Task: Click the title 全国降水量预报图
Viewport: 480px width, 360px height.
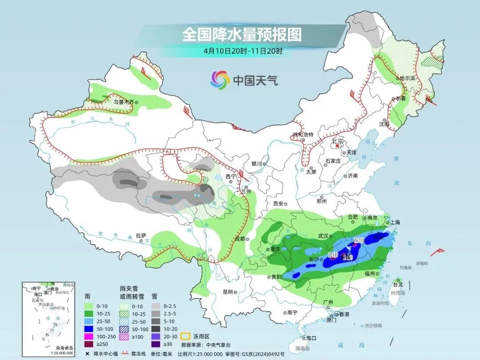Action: (242, 34)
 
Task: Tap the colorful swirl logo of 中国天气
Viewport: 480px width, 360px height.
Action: (220, 80)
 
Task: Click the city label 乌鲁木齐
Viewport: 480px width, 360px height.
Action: (123, 102)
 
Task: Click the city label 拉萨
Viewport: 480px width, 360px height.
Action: (141, 236)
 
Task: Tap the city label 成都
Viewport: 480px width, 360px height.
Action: (240, 239)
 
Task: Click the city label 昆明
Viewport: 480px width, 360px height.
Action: (227, 292)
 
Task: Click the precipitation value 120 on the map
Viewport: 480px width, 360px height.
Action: (359, 240)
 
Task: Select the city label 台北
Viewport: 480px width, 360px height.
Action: (398, 284)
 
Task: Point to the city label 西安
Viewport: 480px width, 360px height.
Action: (278, 204)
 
